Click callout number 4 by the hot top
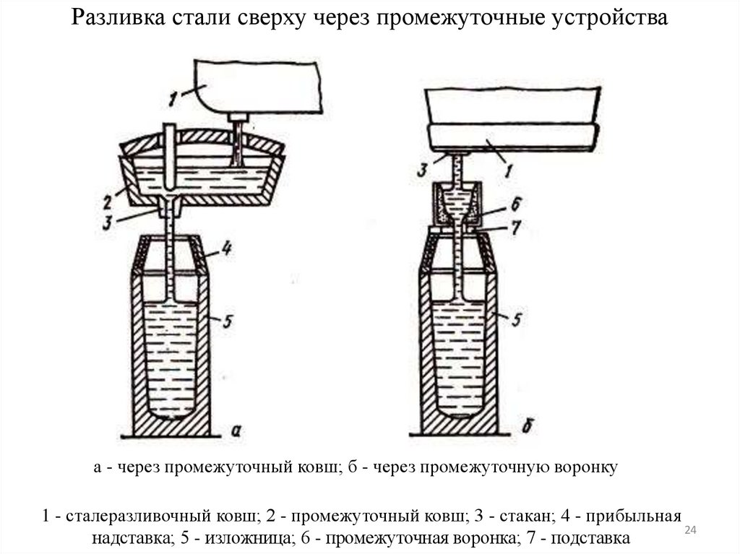[225, 251]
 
